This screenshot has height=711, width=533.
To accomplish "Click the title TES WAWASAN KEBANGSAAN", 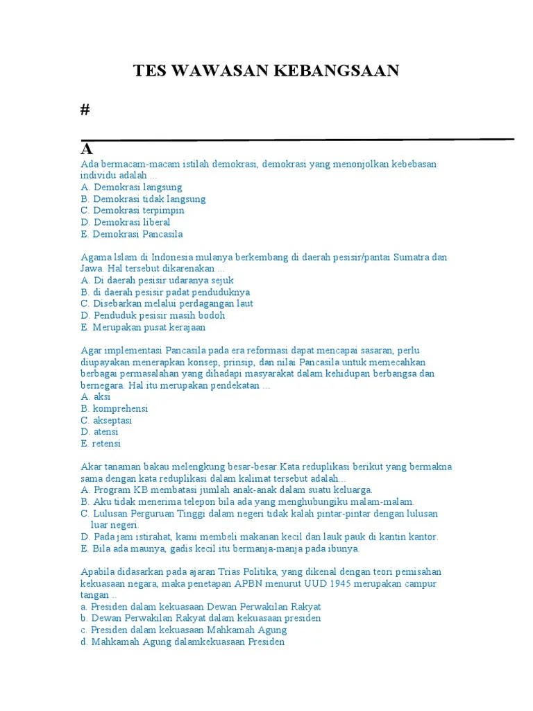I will pyautogui.click(x=266, y=71).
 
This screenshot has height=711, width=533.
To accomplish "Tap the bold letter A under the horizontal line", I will pyautogui.click(x=87, y=149).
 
